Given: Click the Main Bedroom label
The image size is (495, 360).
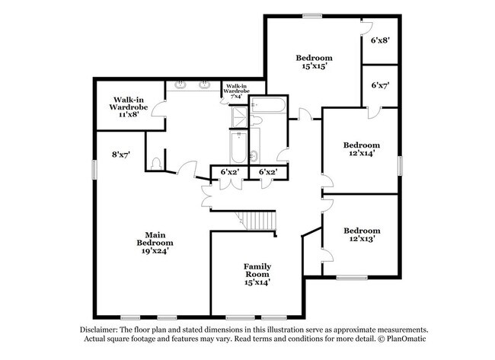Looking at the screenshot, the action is (x=155, y=243).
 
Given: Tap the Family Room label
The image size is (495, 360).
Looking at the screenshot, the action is (x=257, y=275).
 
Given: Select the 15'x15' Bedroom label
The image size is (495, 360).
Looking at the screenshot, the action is (x=314, y=62).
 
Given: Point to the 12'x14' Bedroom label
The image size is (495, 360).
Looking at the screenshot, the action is (x=362, y=149).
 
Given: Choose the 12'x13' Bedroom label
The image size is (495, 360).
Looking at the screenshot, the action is (x=362, y=234).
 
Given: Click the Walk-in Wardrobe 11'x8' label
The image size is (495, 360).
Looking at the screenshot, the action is (x=129, y=107).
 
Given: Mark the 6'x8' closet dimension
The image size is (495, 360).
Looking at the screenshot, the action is (x=380, y=40).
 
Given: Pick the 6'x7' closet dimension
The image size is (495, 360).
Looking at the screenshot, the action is (x=380, y=85).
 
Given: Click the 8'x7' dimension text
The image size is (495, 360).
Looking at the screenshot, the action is (x=121, y=155).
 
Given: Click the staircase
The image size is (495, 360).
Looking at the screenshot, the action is (x=257, y=221).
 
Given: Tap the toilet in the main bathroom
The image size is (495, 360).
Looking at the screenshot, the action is (x=156, y=164).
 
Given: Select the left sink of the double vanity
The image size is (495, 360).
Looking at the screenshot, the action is (x=180, y=84).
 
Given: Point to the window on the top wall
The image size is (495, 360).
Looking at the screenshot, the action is (x=312, y=15).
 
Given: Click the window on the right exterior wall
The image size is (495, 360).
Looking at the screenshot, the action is (x=400, y=166).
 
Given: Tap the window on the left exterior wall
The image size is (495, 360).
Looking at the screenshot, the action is (x=94, y=170).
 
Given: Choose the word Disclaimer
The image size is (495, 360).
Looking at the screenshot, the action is (x=99, y=330).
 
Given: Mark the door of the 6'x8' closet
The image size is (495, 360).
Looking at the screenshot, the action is (x=367, y=27).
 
